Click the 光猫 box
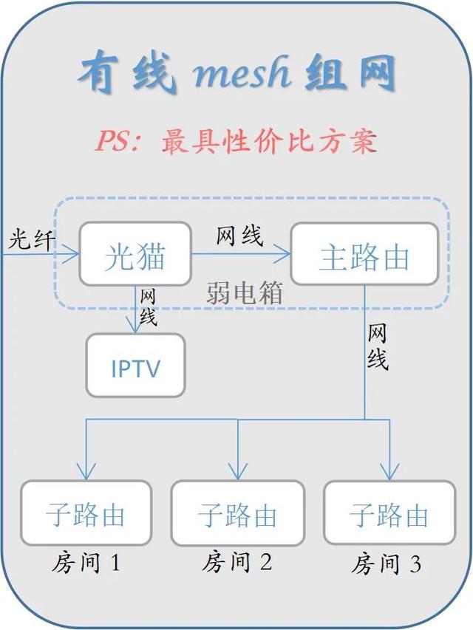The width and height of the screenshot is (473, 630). tap(135, 254)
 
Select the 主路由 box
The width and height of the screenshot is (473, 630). tap(364, 254)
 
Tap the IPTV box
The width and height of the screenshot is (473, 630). tap(135, 366)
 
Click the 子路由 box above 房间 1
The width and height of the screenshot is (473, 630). tap(86, 513)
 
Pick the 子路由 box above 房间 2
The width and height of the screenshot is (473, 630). tap(238, 513)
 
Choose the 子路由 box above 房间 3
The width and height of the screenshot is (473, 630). tap(389, 513)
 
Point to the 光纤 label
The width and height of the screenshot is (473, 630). tap(31, 239)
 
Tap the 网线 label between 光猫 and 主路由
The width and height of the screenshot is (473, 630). tap(239, 236)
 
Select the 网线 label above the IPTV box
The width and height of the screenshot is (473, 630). tap(148, 307)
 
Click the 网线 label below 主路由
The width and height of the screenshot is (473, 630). tap(377, 346)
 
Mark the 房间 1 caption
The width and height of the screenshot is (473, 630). tap(86, 563)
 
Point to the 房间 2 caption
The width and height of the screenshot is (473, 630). tap(237, 562)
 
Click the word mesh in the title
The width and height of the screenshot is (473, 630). tap(242, 72)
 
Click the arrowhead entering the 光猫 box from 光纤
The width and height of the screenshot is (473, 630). tap(72, 254)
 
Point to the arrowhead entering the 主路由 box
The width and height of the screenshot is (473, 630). tap(283, 254)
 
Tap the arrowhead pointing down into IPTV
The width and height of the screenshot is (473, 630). tap(135, 326)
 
